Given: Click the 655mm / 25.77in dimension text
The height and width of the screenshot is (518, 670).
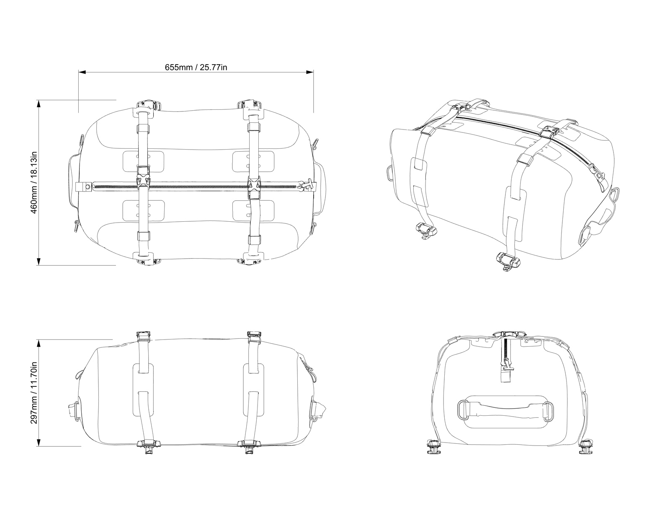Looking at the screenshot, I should [x=196, y=67].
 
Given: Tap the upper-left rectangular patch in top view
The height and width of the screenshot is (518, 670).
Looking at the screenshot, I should [x=143, y=161].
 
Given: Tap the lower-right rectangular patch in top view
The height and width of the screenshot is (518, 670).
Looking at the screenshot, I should [x=253, y=211].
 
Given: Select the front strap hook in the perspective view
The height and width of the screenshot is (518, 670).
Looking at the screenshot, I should [x=507, y=261].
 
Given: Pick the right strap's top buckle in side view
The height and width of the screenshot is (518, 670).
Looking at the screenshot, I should [x=254, y=335].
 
